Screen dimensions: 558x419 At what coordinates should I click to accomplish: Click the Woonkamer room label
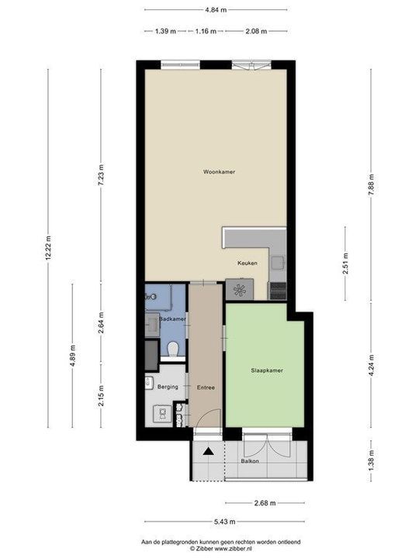(219, 172)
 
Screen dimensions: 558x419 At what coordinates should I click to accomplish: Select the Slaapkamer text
(266, 371)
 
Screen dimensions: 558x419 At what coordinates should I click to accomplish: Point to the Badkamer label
(171, 319)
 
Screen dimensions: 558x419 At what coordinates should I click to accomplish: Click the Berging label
(168, 386)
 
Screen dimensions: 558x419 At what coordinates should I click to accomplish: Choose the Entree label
(206, 387)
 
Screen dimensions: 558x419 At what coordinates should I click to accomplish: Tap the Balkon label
(249, 461)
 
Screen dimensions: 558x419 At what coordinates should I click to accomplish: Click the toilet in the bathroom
(175, 350)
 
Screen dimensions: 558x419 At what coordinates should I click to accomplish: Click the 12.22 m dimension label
(48, 247)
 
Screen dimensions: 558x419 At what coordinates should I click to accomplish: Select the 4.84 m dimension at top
(215, 11)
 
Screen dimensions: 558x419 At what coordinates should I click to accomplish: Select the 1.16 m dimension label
(206, 31)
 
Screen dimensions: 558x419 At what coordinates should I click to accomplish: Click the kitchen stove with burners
(238, 291)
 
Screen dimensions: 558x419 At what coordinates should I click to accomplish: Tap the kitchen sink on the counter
(278, 264)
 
